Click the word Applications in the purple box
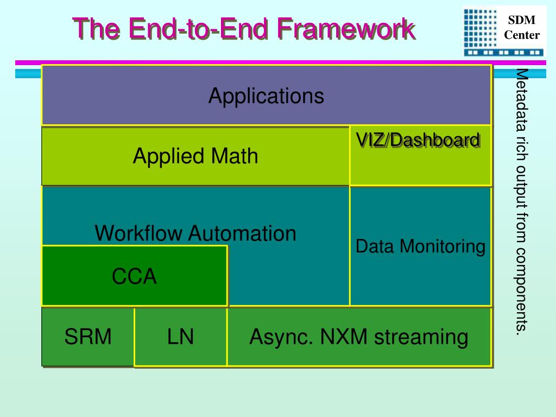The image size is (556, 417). (x=266, y=96)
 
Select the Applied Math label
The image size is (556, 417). (x=195, y=156)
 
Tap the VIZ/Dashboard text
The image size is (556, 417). (x=418, y=140)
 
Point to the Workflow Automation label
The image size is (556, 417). (x=195, y=233)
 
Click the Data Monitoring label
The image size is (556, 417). (x=420, y=247)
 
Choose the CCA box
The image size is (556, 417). (x=135, y=275)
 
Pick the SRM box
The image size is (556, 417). (x=88, y=337)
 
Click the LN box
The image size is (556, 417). (x=181, y=337)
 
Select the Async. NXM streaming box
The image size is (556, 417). (x=359, y=337)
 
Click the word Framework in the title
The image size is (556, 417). (x=345, y=29)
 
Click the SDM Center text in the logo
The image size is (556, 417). (x=522, y=27)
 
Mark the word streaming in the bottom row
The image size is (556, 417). (x=421, y=338)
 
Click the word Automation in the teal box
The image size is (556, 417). (x=242, y=233)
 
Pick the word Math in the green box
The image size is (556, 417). (x=235, y=156)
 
